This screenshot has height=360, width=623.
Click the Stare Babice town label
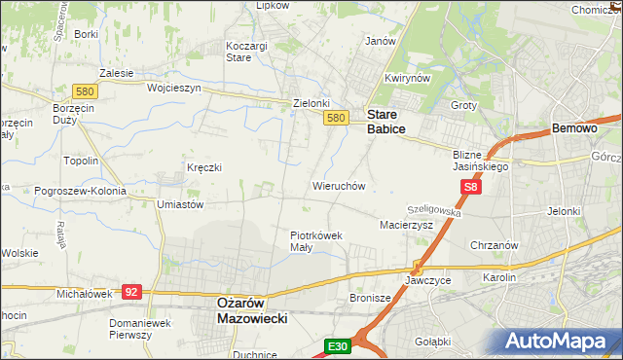(385, 121)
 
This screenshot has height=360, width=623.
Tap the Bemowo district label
(573, 128)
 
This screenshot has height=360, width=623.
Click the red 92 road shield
(132, 291)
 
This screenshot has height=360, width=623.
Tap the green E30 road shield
(337, 346)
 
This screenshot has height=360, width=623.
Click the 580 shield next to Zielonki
(335, 118)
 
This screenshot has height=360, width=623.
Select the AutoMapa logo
(561, 342)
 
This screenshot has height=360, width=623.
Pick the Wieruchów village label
(338, 185)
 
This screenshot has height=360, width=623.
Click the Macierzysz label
(405, 225)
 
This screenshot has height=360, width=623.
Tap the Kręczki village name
(204, 167)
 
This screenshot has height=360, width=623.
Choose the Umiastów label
(179, 205)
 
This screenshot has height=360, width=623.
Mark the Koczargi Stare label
(252, 52)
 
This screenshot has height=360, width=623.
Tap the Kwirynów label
(407, 79)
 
